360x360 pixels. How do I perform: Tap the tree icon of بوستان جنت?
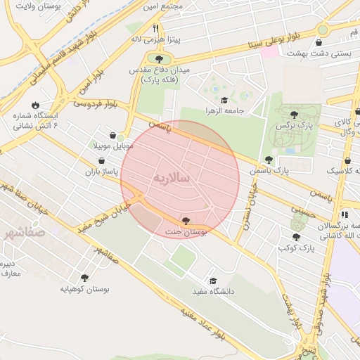point(186,221)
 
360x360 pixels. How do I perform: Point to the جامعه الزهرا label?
point(244,110)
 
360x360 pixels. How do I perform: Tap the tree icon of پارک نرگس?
point(293,114)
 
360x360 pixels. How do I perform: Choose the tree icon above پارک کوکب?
point(296,237)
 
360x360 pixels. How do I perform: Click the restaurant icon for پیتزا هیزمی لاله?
point(155,29)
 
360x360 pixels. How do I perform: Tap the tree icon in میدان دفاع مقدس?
point(159,60)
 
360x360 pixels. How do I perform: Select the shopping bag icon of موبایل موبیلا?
point(113,135)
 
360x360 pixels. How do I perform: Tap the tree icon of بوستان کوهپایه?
point(85,278)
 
